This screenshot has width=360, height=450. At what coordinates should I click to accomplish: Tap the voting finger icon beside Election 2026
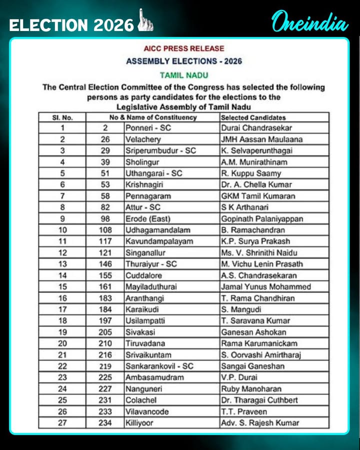[145, 20]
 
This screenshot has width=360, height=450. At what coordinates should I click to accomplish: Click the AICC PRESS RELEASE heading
[184, 48]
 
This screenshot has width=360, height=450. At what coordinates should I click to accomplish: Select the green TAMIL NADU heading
[183, 75]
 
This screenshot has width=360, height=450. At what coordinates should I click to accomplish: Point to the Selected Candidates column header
[253, 117]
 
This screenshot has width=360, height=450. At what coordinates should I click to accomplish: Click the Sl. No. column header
[62, 117]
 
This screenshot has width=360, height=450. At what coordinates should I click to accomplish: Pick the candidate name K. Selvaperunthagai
[257, 150]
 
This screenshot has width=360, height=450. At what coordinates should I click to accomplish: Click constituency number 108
[104, 230]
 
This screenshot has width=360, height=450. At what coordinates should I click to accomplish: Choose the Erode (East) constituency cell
[148, 219]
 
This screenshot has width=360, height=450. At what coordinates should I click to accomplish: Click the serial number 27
[62, 422]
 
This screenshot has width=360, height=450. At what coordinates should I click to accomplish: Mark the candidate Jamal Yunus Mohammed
[265, 286]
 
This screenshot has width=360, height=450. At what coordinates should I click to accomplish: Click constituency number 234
[104, 422]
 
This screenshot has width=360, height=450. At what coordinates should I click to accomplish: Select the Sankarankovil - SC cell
[159, 366]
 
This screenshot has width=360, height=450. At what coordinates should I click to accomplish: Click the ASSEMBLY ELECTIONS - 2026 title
[184, 61]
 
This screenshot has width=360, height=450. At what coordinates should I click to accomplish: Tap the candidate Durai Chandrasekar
[256, 128]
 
